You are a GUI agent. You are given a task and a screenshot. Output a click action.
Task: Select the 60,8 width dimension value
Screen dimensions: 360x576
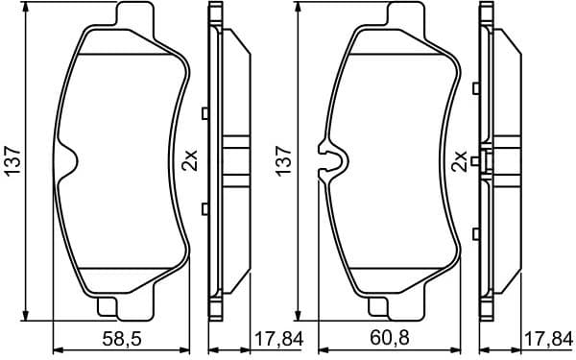387,339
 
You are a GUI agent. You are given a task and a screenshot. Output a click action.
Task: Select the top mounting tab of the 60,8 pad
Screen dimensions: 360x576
399,16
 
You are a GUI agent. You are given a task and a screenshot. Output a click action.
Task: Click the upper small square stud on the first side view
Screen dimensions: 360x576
204,113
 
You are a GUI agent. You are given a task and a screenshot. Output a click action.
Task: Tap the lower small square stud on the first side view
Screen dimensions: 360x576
204,208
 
